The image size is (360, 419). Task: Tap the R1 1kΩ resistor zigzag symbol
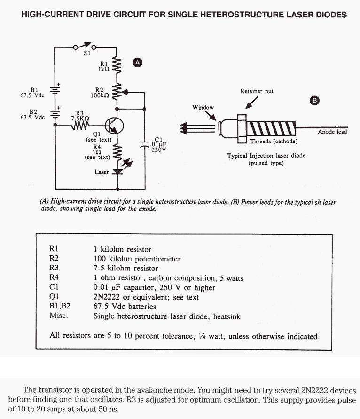pyautogui.click(x=117, y=65)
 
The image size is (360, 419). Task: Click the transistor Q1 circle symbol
pyautogui.click(x=114, y=126)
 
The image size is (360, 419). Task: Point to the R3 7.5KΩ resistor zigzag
pyautogui.click(x=80, y=126)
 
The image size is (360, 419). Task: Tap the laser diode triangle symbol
pyautogui.click(x=117, y=172)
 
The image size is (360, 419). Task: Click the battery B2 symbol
pyautogui.click(x=55, y=114)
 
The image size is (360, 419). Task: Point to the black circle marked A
pyautogui.click(x=138, y=63)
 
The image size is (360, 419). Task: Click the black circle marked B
pyautogui.click(x=314, y=101)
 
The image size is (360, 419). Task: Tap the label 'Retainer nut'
pyautogui.click(x=257, y=91)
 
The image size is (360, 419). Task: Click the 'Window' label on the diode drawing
pyautogui.click(x=203, y=107)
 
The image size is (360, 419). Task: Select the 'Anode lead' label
pyautogui.click(x=332, y=132)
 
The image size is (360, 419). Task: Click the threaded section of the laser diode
pyautogui.click(x=271, y=128)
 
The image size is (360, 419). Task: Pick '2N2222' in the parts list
pyautogui.click(x=107, y=297)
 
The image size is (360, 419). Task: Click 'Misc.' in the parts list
pyautogui.click(x=59, y=316)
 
